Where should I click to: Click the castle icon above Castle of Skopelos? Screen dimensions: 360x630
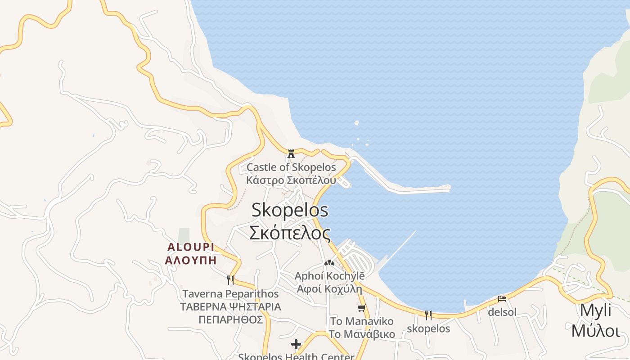(291, 153)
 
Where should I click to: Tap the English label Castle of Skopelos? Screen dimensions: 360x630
(291, 167)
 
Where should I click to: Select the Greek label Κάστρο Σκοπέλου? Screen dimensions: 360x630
(291, 180)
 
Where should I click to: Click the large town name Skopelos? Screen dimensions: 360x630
(290, 210)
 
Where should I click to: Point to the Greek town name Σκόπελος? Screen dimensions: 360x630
(290, 233)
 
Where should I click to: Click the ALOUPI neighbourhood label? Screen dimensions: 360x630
(191, 247)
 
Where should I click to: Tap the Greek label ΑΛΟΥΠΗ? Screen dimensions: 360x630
(191, 260)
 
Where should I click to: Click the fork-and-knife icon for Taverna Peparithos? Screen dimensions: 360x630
(230, 280)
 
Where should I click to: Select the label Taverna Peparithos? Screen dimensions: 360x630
(230, 294)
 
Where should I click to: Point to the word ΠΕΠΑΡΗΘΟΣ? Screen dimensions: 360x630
(230, 319)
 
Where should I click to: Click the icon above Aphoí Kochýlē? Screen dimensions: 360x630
(329, 262)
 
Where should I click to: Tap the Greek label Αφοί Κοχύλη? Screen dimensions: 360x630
(329, 289)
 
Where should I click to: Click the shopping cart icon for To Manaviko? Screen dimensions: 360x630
(361, 308)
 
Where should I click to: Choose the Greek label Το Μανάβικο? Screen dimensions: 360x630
(362, 334)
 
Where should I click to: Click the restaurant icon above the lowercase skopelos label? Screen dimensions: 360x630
(428, 315)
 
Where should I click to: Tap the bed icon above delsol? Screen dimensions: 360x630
(502, 298)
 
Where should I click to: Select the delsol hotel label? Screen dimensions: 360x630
(502, 312)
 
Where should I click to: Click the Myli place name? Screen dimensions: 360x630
(595, 310)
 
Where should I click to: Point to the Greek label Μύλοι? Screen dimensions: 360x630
(595, 331)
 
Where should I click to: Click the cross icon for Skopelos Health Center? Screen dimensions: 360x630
(296, 345)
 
